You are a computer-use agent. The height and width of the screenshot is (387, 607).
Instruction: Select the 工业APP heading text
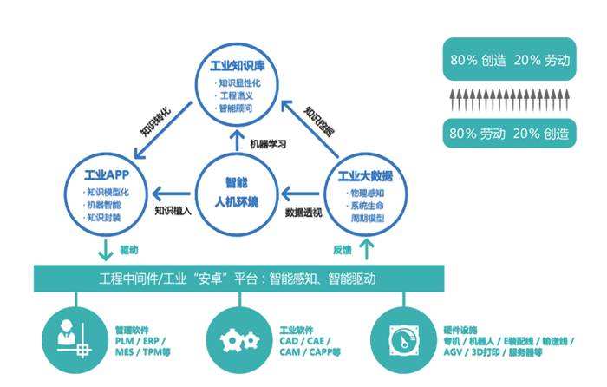(107, 173)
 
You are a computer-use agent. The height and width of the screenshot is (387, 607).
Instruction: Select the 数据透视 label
(303, 211)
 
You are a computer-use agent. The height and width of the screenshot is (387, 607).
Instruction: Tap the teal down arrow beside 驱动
(105, 251)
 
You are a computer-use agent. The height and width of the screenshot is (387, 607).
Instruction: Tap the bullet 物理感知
(368, 192)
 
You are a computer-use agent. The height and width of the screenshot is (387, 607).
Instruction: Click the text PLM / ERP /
(140, 342)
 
